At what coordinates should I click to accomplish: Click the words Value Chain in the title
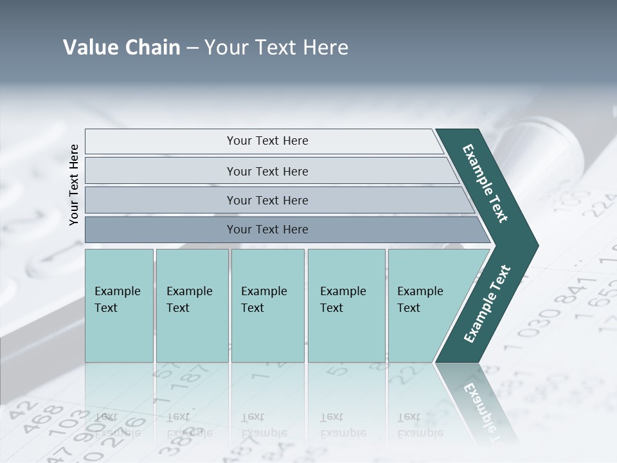point(121,48)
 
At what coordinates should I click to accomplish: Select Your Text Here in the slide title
point(276,48)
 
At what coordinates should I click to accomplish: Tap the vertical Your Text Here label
point(74,185)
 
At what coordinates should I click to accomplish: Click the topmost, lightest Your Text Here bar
point(267,141)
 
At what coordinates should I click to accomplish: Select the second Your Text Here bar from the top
point(267,171)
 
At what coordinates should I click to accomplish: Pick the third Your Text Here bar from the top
point(267,200)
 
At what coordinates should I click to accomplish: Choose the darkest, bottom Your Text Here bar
point(267,230)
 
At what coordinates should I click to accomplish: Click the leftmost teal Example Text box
point(119,305)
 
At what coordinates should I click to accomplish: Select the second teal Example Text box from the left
point(192,305)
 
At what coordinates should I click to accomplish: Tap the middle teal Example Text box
point(267,305)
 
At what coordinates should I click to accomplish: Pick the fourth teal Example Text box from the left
point(346,305)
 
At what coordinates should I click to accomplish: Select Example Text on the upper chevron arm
point(485,183)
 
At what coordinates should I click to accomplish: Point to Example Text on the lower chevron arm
point(487,304)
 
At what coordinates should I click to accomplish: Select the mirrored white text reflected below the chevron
point(479,405)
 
